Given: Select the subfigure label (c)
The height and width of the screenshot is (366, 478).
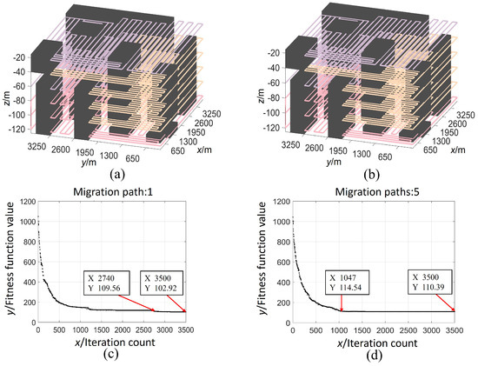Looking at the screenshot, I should tap(110, 357).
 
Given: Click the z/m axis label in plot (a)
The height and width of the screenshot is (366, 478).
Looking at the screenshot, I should tap(10, 90).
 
